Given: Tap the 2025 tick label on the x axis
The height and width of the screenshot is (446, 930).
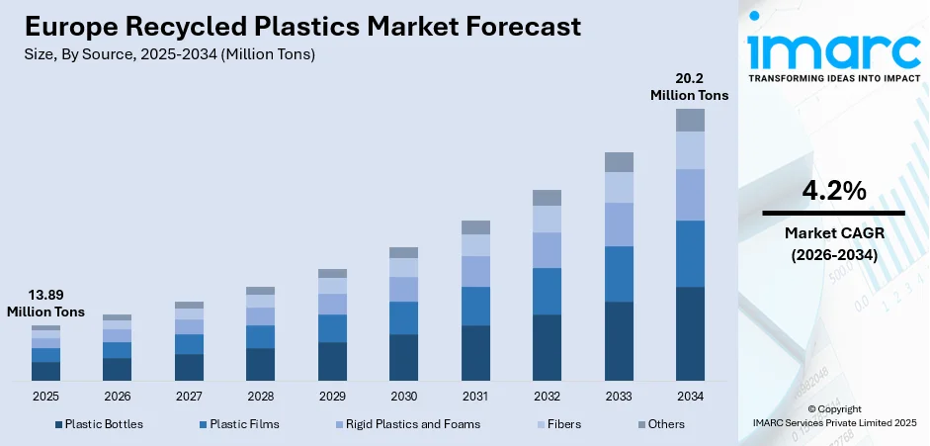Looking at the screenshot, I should [45, 396].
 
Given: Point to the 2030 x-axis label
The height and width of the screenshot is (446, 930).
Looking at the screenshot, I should [403, 396].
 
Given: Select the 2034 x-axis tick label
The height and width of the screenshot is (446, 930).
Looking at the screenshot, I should [690, 396].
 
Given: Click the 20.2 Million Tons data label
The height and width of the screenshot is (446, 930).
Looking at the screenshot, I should [689, 87].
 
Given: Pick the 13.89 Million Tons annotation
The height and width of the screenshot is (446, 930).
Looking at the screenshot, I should [45, 304].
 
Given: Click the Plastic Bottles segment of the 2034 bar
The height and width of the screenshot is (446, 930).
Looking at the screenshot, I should [690, 333].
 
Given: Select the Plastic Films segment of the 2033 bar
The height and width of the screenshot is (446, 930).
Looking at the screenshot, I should [619, 274].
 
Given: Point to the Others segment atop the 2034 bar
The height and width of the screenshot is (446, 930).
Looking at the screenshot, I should [690, 120].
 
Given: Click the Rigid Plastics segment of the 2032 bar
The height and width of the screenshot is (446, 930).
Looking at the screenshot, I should [547, 250].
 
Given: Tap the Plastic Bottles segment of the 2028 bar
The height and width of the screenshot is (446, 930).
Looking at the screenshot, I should [260, 364].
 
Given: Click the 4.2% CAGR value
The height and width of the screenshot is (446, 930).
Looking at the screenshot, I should [832, 190].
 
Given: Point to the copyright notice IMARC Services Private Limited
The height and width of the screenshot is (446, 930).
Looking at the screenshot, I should [833, 422].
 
